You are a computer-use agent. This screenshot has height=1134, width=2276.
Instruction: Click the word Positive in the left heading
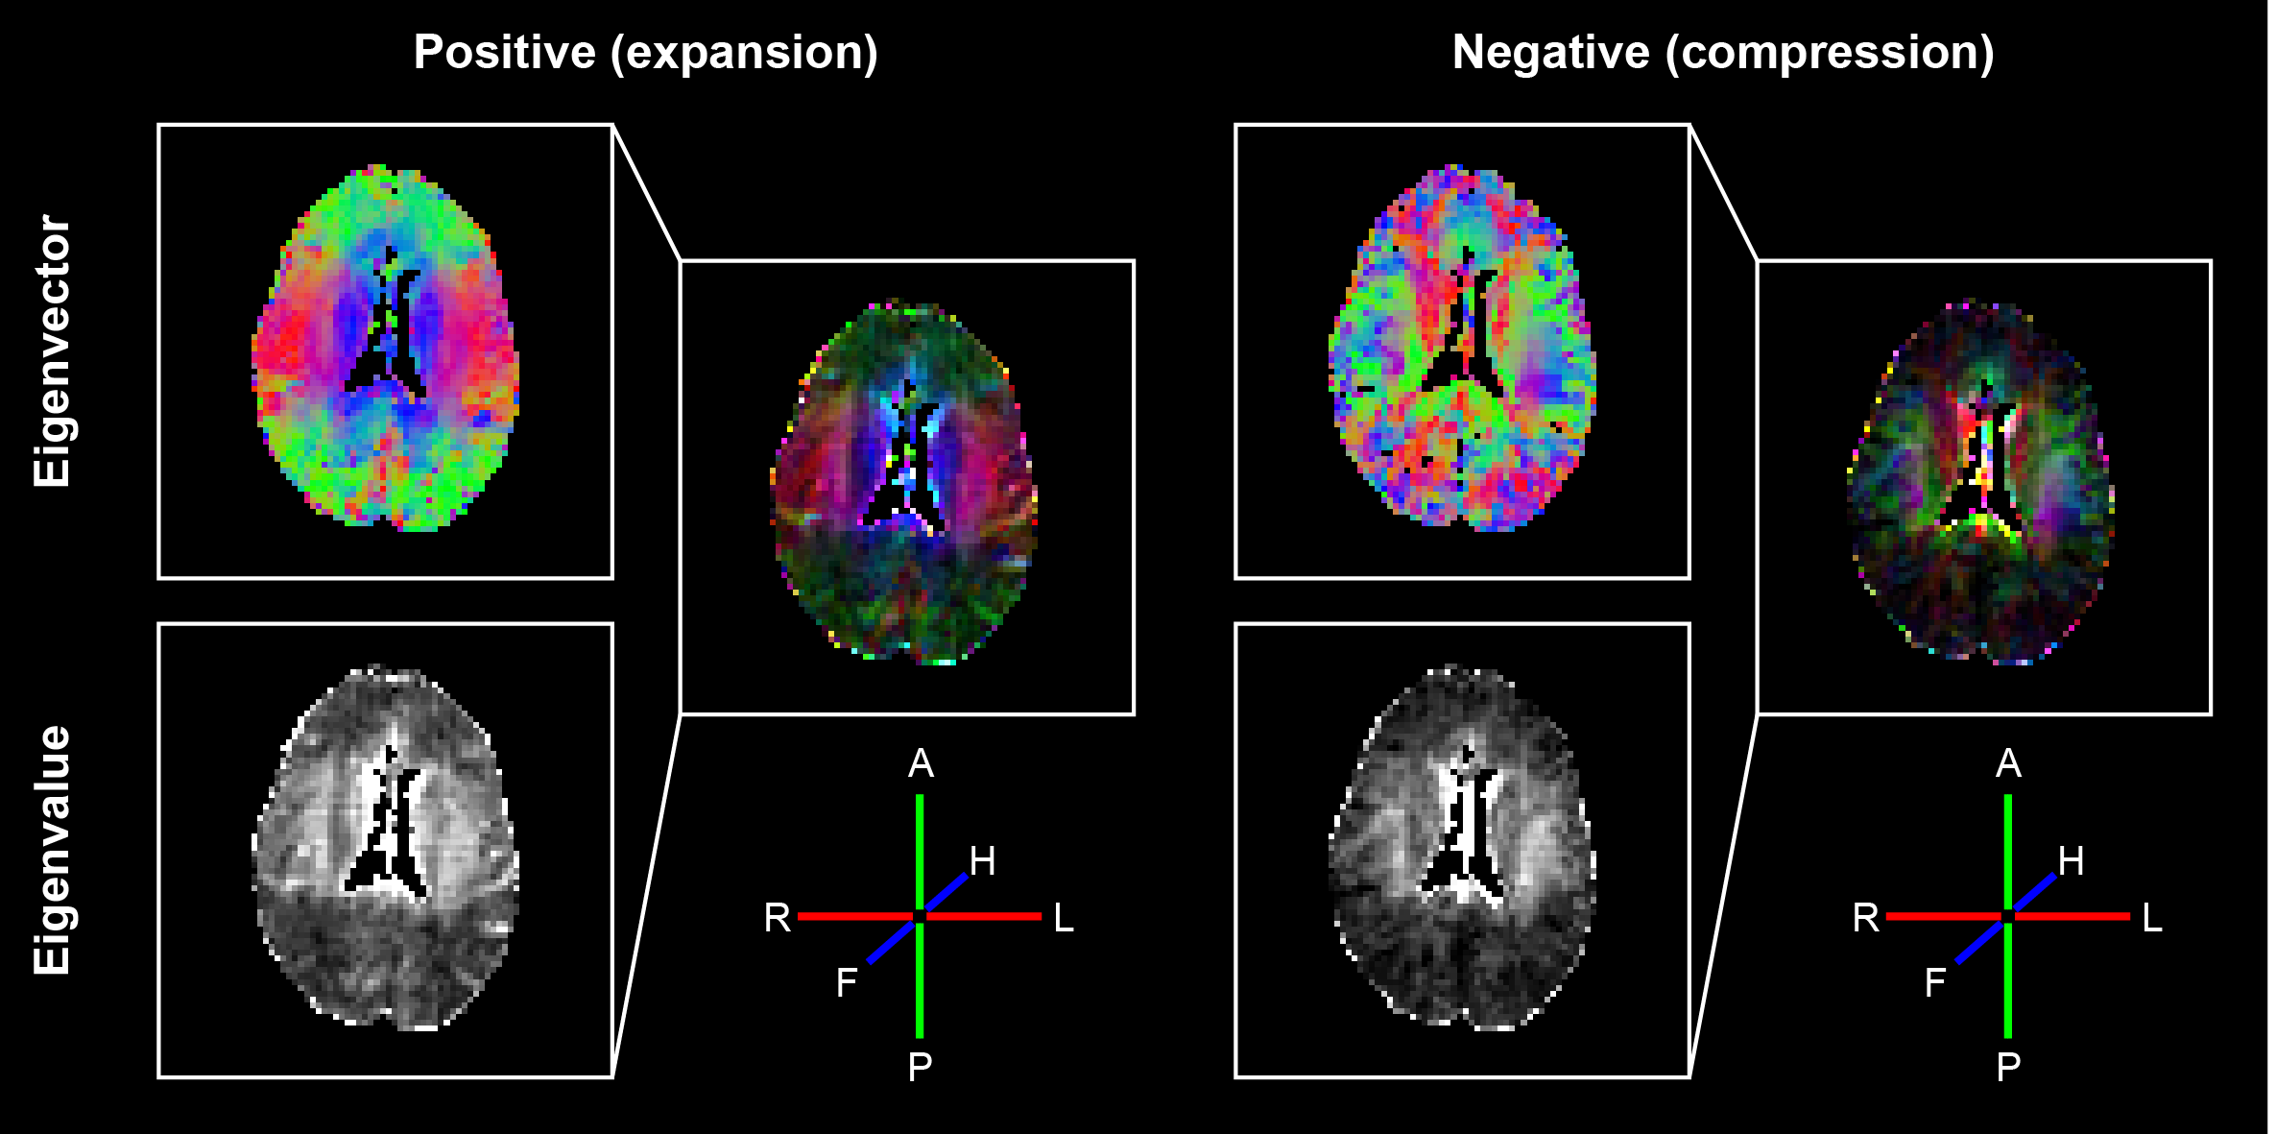click(504, 53)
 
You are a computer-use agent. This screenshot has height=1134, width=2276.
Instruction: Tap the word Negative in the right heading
click(1550, 53)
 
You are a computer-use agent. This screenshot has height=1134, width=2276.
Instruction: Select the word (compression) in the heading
click(1830, 53)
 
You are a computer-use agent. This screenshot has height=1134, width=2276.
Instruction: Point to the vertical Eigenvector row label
click(53, 351)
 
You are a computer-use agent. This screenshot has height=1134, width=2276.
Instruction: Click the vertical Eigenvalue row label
click(53, 851)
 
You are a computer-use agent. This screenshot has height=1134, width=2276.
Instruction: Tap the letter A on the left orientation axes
click(921, 764)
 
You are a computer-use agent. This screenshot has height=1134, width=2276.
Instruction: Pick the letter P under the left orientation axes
click(920, 1067)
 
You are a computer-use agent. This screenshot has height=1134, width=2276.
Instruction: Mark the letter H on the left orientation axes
click(982, 861)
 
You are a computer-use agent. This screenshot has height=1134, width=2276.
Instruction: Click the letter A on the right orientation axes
click(2008, 764)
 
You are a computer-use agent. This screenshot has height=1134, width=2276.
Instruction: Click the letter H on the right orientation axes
click(2071, 861)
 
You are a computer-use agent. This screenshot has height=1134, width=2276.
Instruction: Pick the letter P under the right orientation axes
click(2008, 1067)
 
